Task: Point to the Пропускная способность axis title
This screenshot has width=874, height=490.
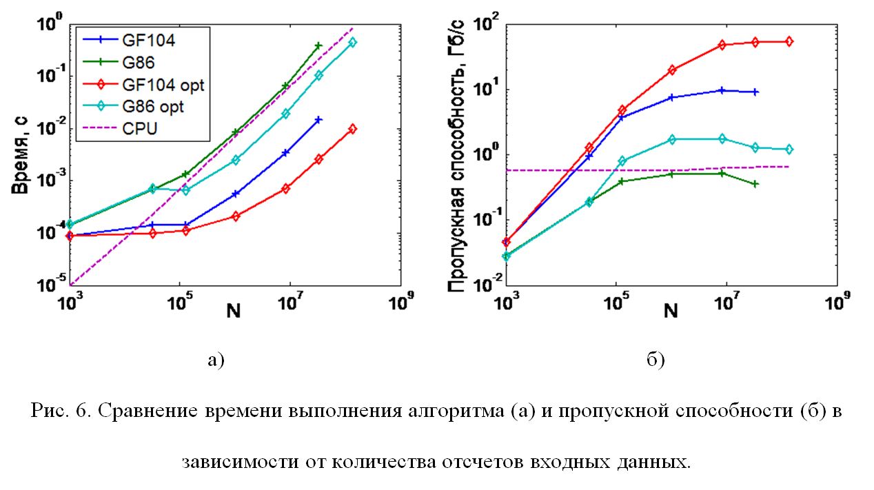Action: [458, 155]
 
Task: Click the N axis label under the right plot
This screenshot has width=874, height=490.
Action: [671, 312]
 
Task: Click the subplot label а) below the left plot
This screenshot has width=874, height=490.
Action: [216, 359]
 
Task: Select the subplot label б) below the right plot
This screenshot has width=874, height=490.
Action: [655, 359]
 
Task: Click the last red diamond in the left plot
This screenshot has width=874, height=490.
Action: [353, 129]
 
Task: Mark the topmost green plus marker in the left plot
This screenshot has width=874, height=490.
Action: [318, 45]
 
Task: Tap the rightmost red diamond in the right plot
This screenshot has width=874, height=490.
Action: [789, 42]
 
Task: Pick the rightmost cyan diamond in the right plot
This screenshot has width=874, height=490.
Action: [789, 149]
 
